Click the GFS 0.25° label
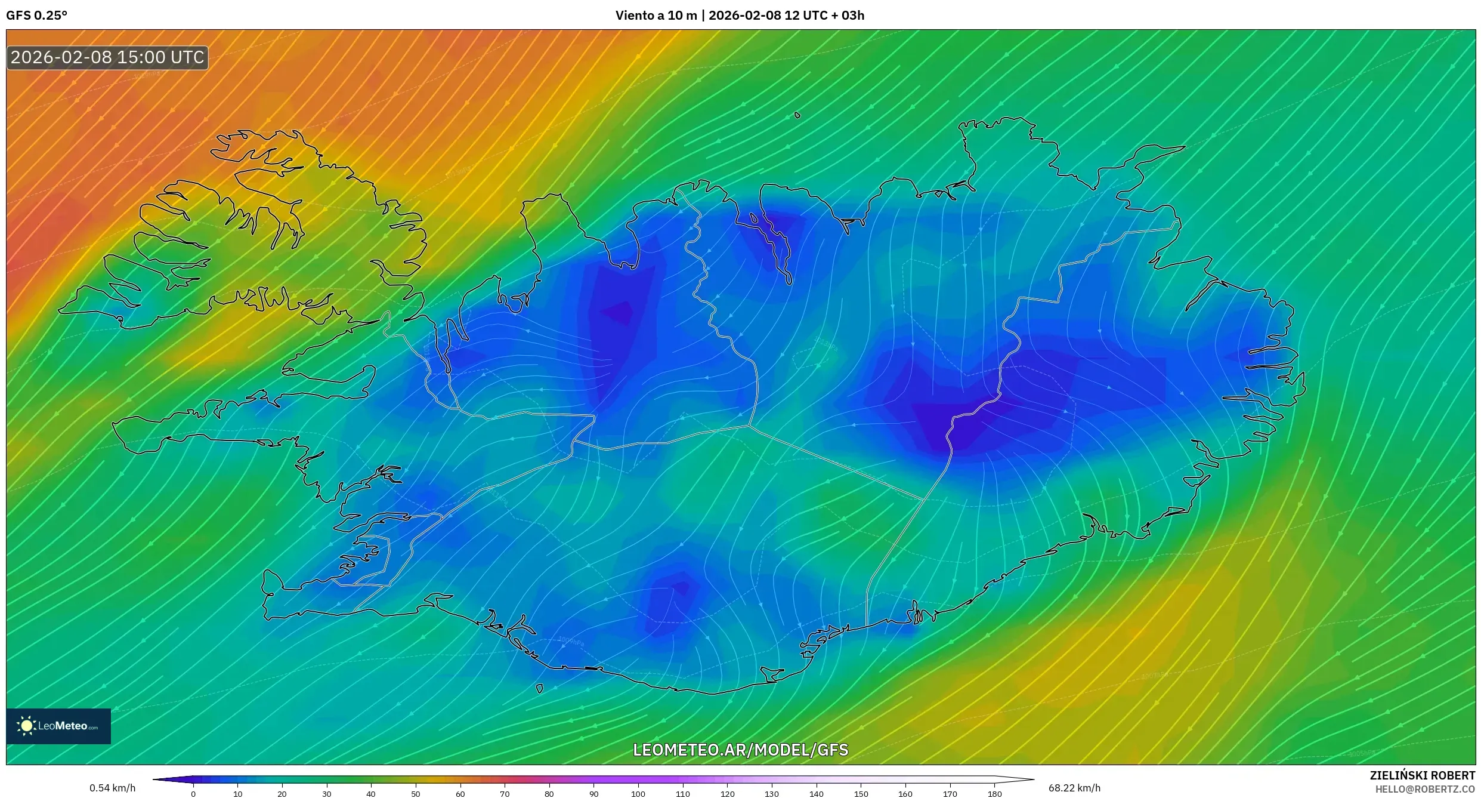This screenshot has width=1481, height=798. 36,16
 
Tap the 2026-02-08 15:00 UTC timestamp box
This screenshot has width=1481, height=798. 107,57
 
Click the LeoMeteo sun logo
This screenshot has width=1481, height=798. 26,726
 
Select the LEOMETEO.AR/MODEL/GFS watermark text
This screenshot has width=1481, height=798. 740,750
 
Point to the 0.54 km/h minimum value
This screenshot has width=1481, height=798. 112,788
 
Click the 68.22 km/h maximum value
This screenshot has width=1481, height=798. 1074,788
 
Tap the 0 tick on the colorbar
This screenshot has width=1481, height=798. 193,794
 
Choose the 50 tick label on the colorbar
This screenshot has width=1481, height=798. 416,794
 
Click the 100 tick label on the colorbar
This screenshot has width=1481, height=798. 638,794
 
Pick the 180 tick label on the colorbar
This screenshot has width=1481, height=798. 994,794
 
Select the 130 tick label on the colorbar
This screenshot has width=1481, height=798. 772,794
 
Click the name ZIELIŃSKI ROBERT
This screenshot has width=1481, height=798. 1422,775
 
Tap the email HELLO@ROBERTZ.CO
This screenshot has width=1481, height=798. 1425,789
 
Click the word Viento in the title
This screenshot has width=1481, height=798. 635,16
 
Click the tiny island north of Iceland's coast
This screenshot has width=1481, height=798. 797,115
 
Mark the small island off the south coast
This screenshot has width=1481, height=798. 539,688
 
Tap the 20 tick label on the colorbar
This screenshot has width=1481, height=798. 282,794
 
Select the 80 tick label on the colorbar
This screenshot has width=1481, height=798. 549,794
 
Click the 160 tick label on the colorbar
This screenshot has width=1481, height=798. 905,794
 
